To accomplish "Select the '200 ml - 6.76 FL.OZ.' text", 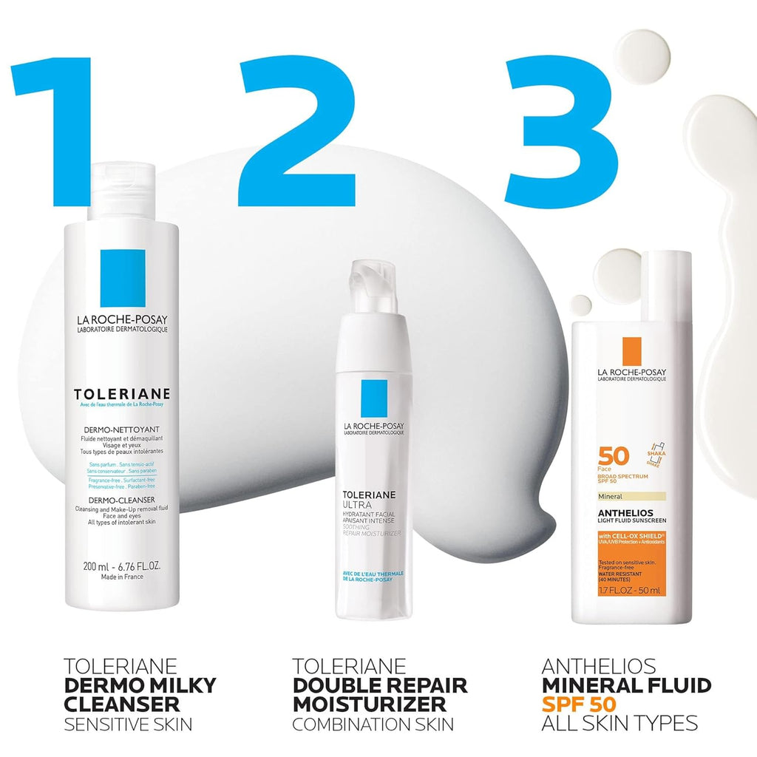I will (x=122, y=566).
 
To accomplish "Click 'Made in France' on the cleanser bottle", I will (x=122, y=577).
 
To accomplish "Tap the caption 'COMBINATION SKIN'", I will (x=373, y=724).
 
